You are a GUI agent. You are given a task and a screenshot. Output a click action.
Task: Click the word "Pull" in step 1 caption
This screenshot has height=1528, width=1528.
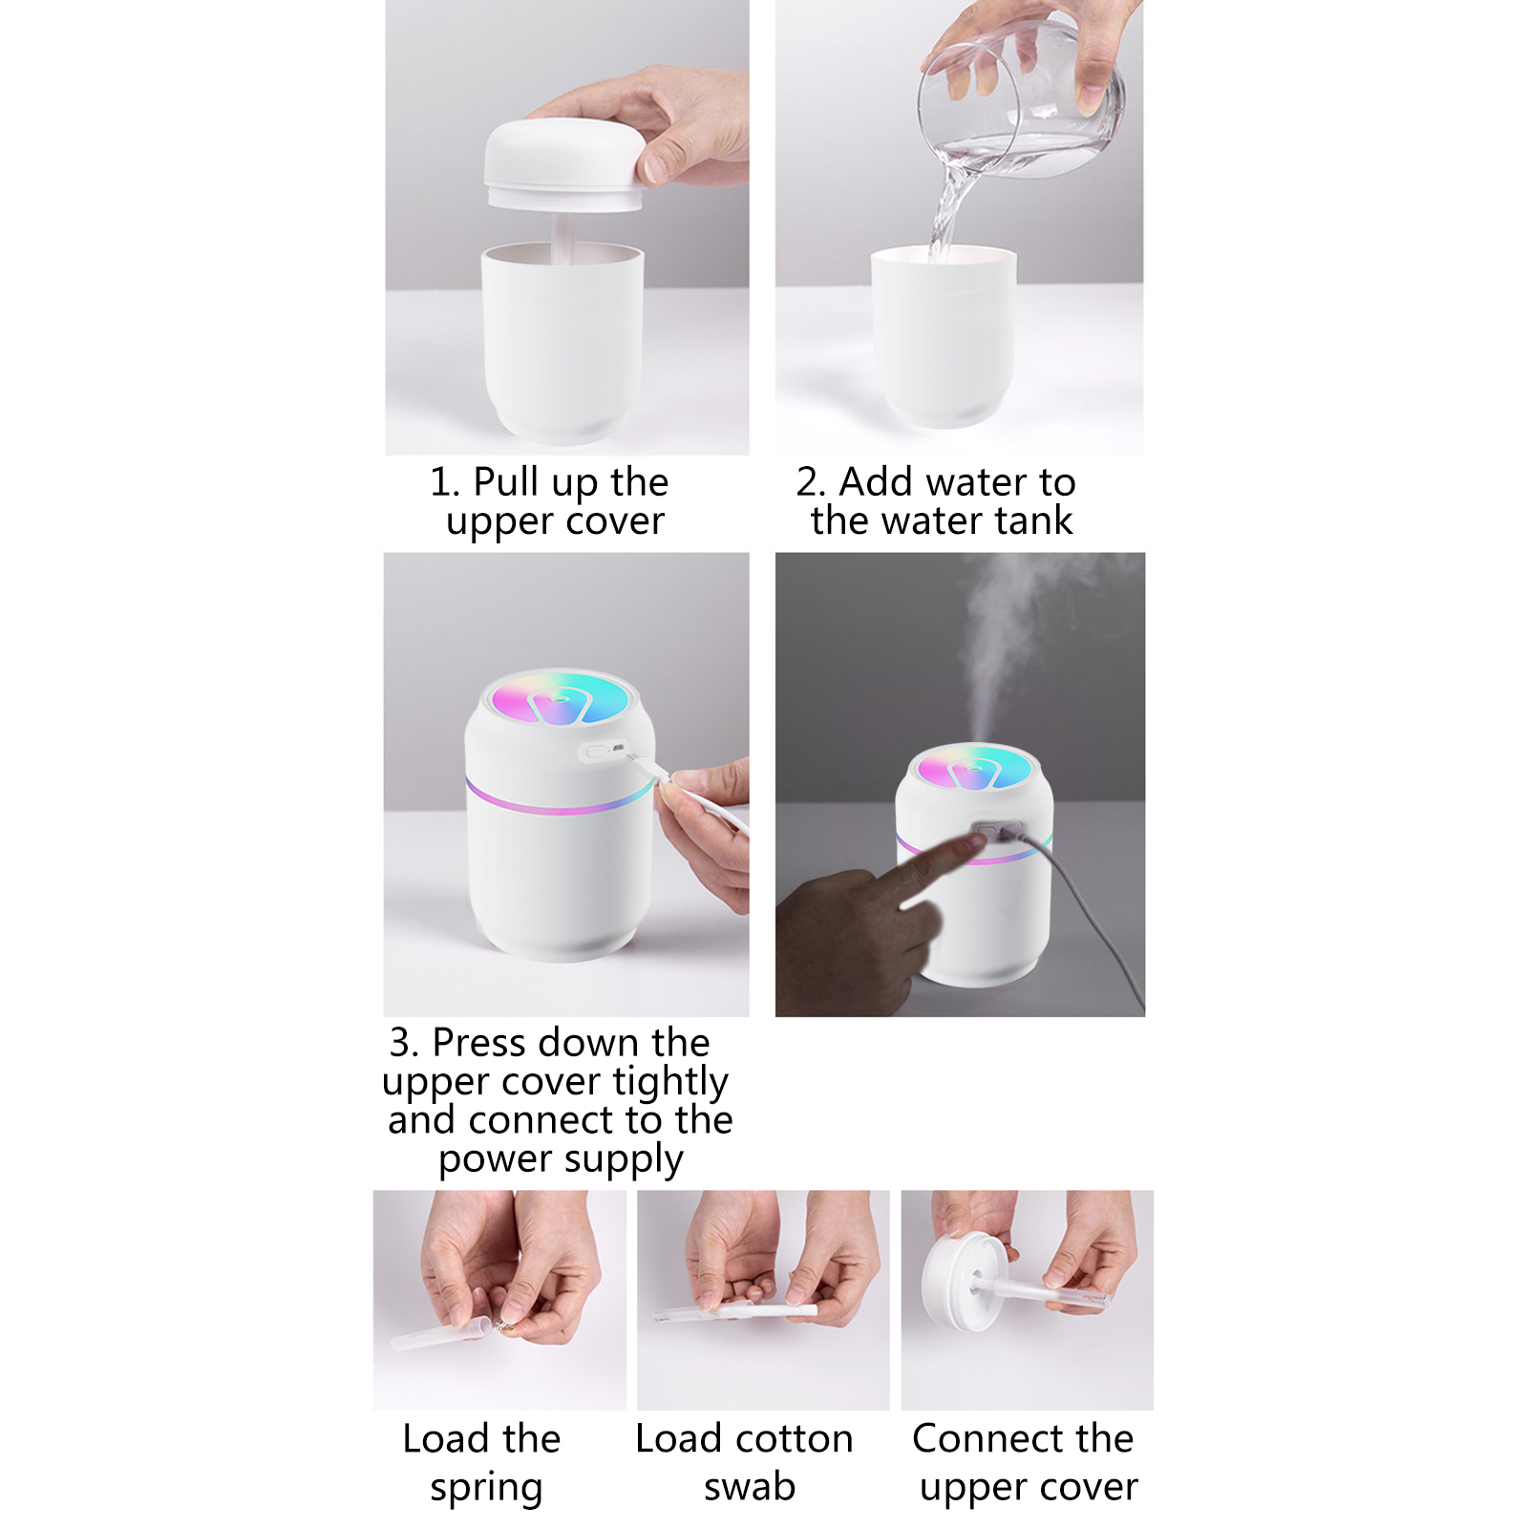tap(506, 482)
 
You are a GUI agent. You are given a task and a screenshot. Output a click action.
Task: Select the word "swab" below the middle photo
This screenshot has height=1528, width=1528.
tap(750, 1487)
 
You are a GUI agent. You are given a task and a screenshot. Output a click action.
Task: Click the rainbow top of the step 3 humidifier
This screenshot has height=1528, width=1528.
tap(559, 698)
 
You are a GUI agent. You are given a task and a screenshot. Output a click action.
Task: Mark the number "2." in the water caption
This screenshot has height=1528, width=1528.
tap(811, 482)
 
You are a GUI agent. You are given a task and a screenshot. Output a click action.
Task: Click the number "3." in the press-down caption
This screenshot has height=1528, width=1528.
tap(404, 1043)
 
